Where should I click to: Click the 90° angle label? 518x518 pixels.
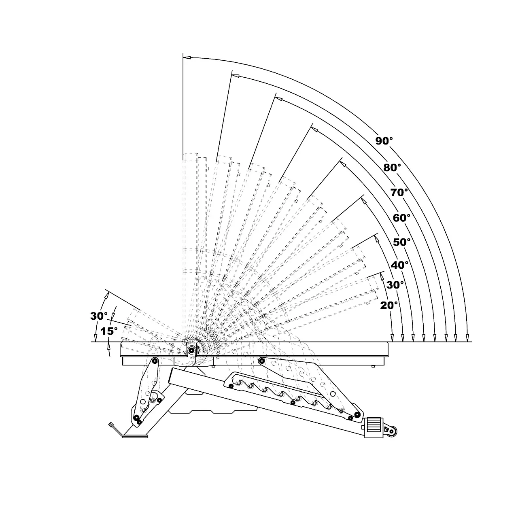pyautogui.click(x=384, y=140)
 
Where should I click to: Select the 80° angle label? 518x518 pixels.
pyautogui.click(x=392, y=168)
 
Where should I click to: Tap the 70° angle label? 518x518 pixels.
pyautogui.click(x=399, y=193)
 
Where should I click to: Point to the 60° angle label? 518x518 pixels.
pyautogui.click(x=401, y=218)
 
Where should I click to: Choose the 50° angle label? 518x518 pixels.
pyautogui.click(x=401, y=242)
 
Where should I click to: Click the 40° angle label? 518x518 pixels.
pyautogui.click(x=399, y=265)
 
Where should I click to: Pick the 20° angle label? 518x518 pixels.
pyautogui.click(x=389, y=306)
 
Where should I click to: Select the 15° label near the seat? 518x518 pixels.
pyautogui.click(x=109, y=331)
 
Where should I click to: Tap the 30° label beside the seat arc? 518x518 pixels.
pyautogui.click(x=99, y=316)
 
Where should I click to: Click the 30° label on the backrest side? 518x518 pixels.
pyautogui.click(x=395, y=285)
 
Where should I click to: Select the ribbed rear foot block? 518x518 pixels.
pyautogui.click(x=374, y=427)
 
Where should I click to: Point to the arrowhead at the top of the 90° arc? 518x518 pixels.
pyautogui.click(x=187, y=57)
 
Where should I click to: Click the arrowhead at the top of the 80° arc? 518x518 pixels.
pyautogui.click(x=236, y=76)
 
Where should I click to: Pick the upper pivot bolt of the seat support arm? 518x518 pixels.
pyautogui.click(x=155, y=361)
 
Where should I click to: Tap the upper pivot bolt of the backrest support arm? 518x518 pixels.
pyautogui.click(x=261, y=361)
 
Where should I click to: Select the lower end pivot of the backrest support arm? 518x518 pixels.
pyautogui.click(x=357, y=414)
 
